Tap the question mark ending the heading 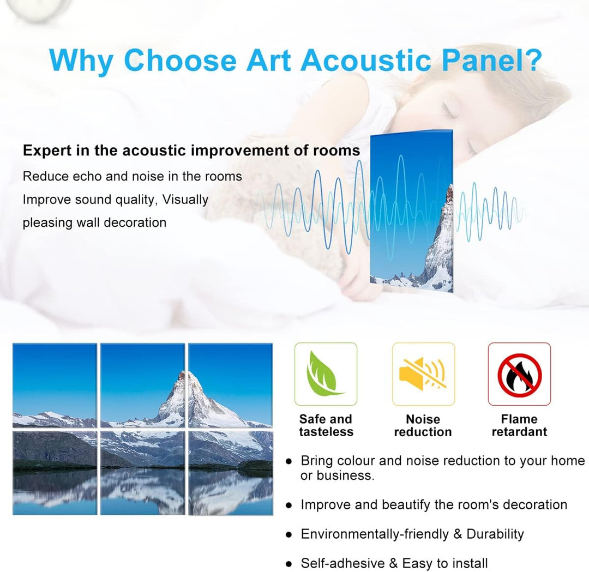click(x=531, y=59)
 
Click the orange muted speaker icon click(x=423, y=372)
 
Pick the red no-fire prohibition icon click(x=520, y=375)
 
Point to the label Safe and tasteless click(x=326, y=425)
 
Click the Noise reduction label click(x=423, y=425)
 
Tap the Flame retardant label click(x=520, y=425)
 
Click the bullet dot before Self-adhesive click(x=289, y=564)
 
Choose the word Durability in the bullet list click(x=495, y=534)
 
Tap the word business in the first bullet click(x=345, y=475)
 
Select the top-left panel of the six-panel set click(x=55, y=386)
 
